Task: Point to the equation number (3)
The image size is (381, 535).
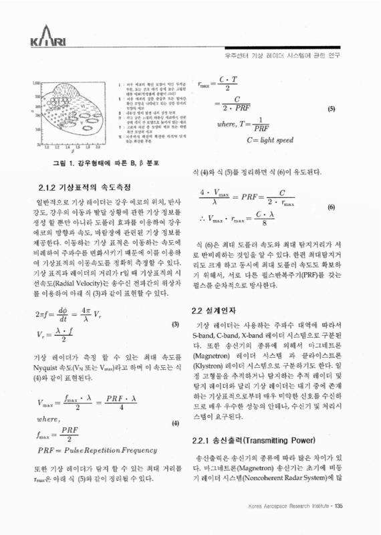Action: tap(175, 325)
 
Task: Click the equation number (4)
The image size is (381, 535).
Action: tap(175, 424)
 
